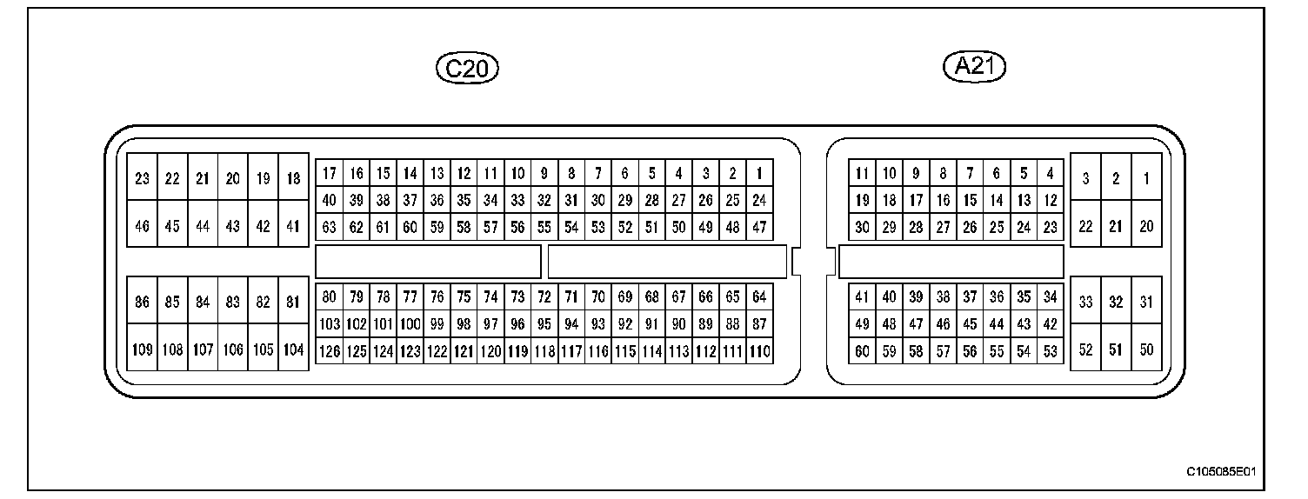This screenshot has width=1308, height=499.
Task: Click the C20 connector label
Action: [x=467, y=68]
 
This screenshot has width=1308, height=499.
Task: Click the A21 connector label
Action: [x=975, y=66]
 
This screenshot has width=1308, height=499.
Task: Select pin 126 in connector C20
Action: [x=329, y=351]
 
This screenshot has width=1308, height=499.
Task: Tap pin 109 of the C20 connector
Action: [x=142, y=349]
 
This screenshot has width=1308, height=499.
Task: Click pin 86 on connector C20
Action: [x=142, y=303]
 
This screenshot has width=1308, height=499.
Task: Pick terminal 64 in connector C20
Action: [x=759, y=297]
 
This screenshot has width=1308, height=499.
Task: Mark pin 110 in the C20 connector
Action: [x=759, y=351]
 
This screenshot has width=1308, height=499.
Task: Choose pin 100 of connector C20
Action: [x=410, y=324]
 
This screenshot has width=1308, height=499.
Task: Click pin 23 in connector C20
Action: [x=142, y=179]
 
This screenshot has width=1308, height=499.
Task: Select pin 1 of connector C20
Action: [x=759, y=173]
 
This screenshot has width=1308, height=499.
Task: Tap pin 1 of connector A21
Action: [x=1146, y=179]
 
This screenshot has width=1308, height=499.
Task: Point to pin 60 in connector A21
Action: [x=862, y=351]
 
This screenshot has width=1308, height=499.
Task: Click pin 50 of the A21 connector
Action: [x=1146, y=349]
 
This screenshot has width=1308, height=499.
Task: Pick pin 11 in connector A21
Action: [x=862, y=173]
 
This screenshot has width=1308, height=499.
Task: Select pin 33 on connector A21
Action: [x=1085, y=303]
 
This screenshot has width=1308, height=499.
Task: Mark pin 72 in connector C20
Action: [x=544, y=297]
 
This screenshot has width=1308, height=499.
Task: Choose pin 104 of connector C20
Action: [x=294, y=349]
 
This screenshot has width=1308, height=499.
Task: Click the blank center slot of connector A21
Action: [x=951, y=262]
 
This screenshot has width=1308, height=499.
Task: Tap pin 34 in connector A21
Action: [x=1051, y=297]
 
